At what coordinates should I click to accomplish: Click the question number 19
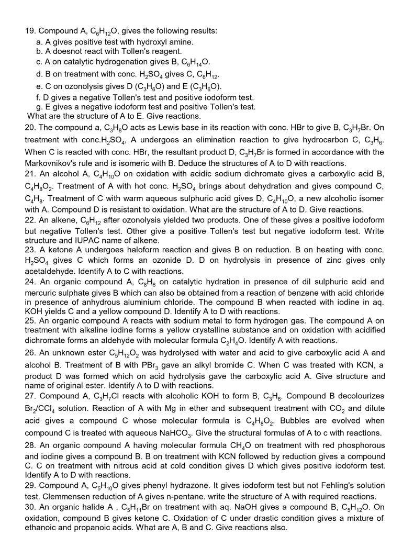coord(30,31)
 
